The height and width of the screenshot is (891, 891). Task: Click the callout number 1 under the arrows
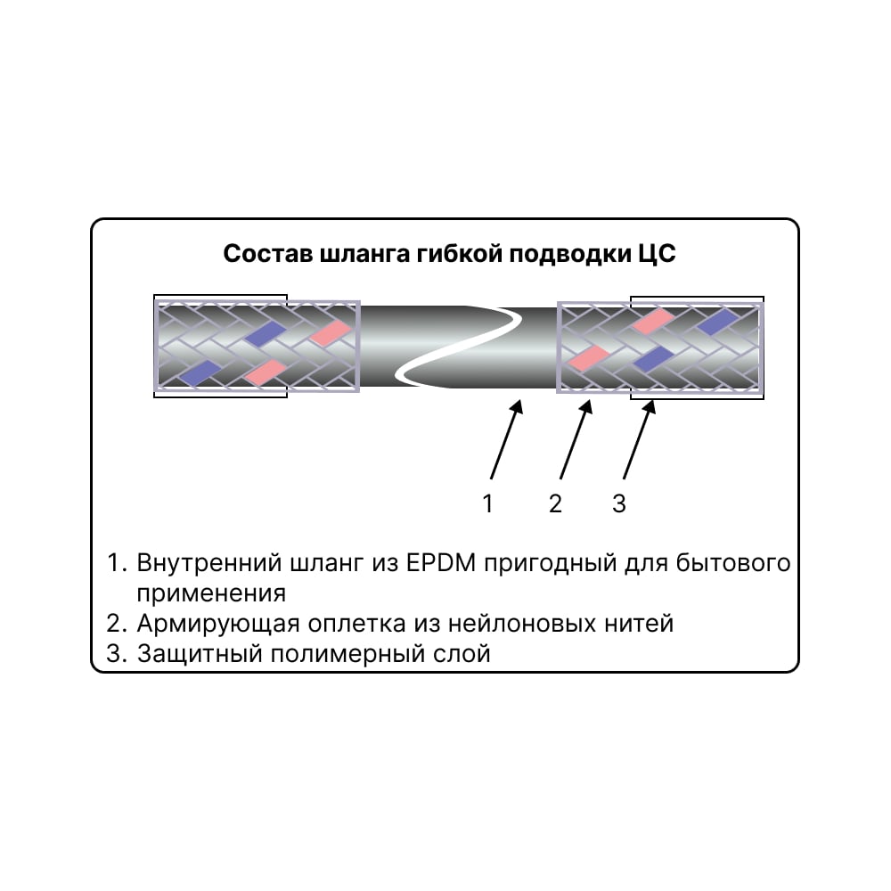(487, 503)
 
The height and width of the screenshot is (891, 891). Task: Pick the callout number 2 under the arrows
(555, 503)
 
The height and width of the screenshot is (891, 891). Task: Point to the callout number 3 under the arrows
(619, 503)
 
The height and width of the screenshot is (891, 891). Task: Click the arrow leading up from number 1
(506, 439)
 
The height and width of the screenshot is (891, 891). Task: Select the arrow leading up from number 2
(576, 439)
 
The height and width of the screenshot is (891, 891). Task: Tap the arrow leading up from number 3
(639, 439)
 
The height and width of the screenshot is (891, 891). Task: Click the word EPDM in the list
(441, 562)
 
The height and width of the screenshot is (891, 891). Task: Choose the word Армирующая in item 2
(218, 624)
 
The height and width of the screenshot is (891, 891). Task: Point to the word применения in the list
(211, 593)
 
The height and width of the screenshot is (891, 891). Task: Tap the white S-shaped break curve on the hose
(459, 347)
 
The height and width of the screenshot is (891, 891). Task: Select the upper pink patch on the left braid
(331, 331)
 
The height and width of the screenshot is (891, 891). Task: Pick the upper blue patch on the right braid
(716, 322)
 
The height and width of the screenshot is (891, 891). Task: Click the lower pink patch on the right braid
(589, 358)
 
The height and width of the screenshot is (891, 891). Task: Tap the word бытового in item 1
(733, 562)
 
